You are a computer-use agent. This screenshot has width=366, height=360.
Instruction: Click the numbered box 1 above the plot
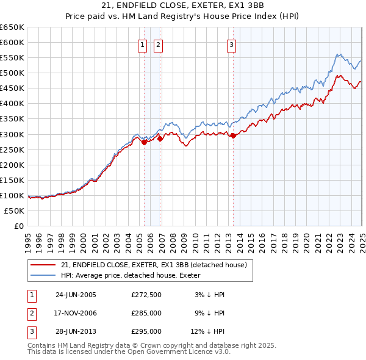pos(142,44)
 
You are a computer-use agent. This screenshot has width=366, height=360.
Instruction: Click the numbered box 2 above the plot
pos(158,44)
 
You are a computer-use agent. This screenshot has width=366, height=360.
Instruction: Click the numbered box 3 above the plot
pos(232,44)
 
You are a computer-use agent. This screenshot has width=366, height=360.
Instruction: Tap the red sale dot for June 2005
pos(145,142)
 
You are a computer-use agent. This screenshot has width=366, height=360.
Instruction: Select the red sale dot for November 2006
pos(160,139)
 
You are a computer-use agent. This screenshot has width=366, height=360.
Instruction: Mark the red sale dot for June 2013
pos(233,135)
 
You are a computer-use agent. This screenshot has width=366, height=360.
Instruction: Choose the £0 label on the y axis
pos(18,226)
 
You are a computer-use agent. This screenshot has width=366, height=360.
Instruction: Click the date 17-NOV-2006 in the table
pos(76,313)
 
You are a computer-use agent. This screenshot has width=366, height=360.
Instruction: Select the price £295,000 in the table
pos(146,331)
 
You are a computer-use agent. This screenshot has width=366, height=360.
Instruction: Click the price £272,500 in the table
pos(146,295)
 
